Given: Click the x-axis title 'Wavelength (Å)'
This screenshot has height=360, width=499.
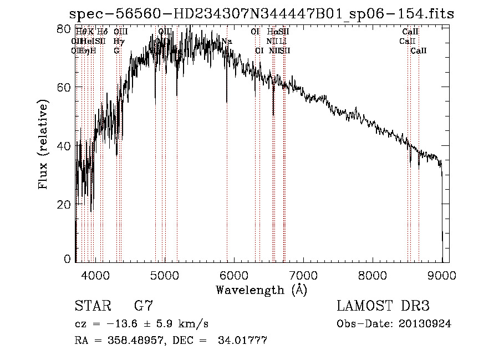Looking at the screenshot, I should (x=261, y=290).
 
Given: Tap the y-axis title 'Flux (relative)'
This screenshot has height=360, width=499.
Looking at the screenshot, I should (x=44, y=144).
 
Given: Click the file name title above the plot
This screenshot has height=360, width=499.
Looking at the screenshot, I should (x=262, y=14).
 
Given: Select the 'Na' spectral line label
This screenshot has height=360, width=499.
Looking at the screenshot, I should (x=226, y=42).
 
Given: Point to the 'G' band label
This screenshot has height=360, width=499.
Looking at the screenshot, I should (x=116, y=50).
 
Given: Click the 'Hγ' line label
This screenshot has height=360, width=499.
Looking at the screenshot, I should (x=119, y=42).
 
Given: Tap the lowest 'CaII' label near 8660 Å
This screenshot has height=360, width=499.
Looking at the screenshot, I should (x=418, y=50).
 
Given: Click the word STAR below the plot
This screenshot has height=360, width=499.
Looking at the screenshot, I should (x=91, y=306).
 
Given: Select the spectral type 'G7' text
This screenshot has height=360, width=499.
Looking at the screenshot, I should (x=143, y=306).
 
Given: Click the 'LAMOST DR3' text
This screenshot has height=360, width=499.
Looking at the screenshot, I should (x=383, y=306).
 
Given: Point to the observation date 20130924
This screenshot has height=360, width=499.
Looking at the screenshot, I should (x=425, y=324).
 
